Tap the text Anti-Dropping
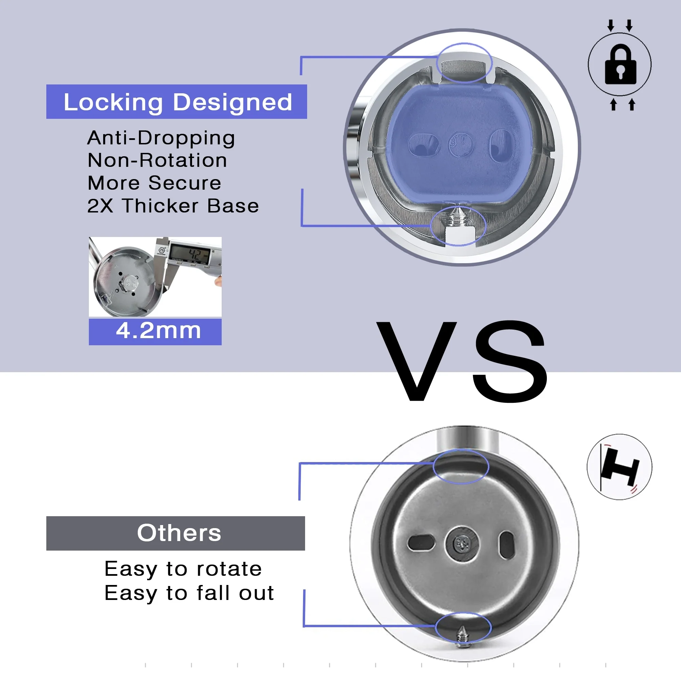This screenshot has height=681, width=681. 161,138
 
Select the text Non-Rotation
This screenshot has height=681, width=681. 157,160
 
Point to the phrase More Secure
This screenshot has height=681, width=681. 154,183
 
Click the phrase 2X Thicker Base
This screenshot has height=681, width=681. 173,206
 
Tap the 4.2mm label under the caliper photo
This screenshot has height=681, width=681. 158,331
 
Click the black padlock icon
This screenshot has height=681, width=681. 620,64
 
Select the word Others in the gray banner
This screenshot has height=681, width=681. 179,533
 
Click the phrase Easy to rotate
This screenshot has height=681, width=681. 183,569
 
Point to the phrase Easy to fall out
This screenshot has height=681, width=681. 189,593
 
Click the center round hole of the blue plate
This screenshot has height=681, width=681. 461,144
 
